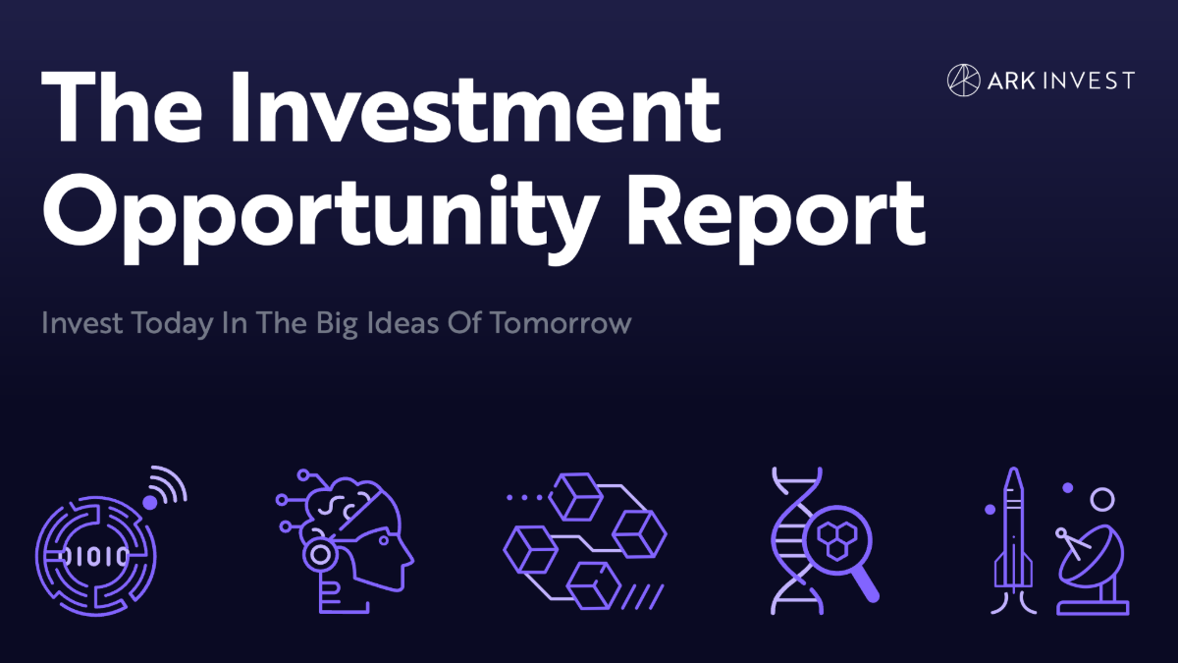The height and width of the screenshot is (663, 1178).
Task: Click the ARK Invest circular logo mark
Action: [x=964, y=80]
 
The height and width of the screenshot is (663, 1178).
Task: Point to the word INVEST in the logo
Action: [x=1091, y=81]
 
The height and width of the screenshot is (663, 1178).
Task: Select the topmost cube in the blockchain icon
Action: [x=573, y=496]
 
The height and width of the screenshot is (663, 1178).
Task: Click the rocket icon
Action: [x=1013, y=540]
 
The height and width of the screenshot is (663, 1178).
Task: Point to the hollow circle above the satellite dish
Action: [x=1102, y=500]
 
